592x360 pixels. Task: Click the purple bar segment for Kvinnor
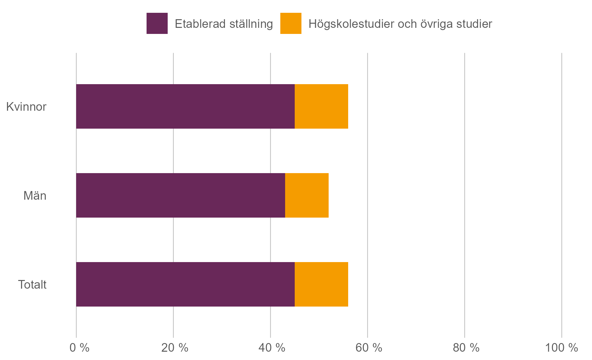(185, 107)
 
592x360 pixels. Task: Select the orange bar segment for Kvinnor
(321, 107)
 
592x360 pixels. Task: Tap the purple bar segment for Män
(180, 196)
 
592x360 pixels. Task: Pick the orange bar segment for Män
(307, 196)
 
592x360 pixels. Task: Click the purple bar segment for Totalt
(185, 284)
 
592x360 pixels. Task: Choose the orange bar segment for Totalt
(321, 284)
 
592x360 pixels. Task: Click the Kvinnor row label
(26, 107)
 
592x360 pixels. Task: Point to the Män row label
(35, 196)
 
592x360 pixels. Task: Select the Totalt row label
(32, 285)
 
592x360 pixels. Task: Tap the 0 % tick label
(79, 348)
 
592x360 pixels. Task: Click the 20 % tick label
(175, 348)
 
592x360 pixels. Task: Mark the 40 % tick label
(272, 348)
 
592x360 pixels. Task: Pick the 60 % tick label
(369, 348)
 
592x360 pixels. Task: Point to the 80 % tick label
(466, 348)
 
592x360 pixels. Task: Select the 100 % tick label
(561, 348)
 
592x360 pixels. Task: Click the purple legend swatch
(157, 23)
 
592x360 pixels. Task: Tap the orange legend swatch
(291, 23)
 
